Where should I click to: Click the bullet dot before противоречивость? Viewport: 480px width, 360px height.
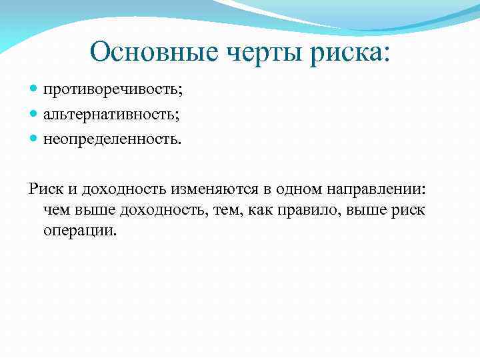click(x=34, y=89)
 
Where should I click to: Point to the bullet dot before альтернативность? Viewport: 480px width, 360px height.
click(x=34, y=115)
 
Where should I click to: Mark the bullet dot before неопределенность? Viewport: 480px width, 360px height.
click(x=34, y=140)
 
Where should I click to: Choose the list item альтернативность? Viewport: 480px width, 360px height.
click(x=112, y=115)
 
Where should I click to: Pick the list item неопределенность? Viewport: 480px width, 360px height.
click(x=112, y=140)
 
